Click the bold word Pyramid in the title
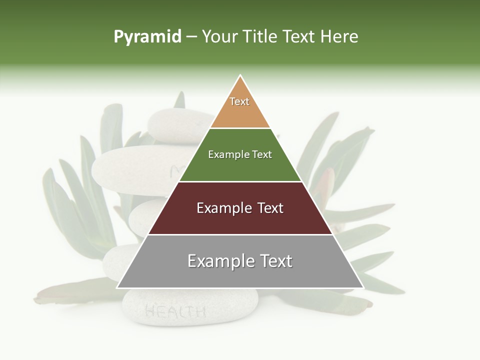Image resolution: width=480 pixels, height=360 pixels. click(x=147, y=37)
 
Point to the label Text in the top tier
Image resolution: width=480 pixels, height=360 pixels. click(x=239, y=101)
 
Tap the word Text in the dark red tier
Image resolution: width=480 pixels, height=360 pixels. click(x=270, y=208)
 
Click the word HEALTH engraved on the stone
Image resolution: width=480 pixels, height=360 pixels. click(x=175, y=312)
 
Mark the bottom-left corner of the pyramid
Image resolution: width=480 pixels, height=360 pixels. click(x=117, y=288)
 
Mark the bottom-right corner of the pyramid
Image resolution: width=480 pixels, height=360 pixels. click(x=363, y=288)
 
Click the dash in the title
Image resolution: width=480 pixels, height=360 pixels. click(x=191, y=37)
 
